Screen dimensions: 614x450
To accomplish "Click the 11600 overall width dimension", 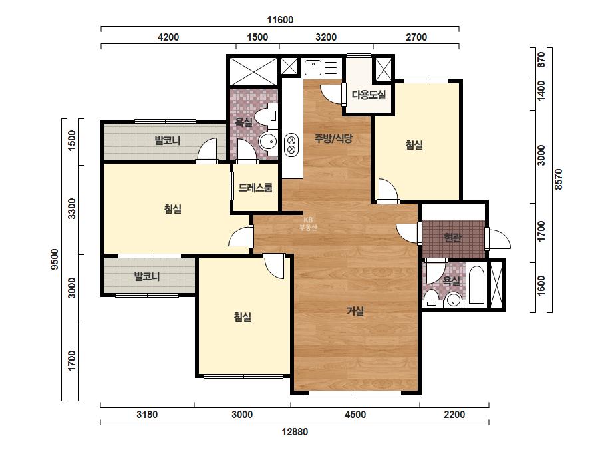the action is [x=280, y=20].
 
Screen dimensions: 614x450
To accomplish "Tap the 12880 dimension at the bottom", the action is [x=295, y=432].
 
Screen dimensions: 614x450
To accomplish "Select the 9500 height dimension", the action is [x=55, y=259].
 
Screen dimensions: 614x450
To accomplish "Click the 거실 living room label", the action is [x=355, y=311].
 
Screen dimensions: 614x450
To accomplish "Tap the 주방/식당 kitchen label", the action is [x=333, y=138].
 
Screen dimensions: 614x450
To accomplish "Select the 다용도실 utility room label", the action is [x=369, y=95].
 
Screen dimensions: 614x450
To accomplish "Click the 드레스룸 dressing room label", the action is [x=255, y=188].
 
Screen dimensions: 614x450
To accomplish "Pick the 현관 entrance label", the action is [x=452, y=237].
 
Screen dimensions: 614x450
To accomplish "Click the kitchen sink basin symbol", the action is [x=313, y=67].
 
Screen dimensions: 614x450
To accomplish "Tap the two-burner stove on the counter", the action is [x=291, y=145].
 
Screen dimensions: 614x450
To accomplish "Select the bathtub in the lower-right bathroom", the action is [x=476, y=285].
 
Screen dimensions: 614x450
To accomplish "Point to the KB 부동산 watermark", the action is [x=308, y=224].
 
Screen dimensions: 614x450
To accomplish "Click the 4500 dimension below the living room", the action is [x=355, y=415].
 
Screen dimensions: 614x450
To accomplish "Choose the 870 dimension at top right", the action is [x=541, y=60].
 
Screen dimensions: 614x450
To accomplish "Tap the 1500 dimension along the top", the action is [x=257, y=37].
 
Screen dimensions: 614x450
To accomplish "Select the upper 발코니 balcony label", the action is [x=167, y=140].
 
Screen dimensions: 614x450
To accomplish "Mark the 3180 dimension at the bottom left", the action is [x=147, y=415].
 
